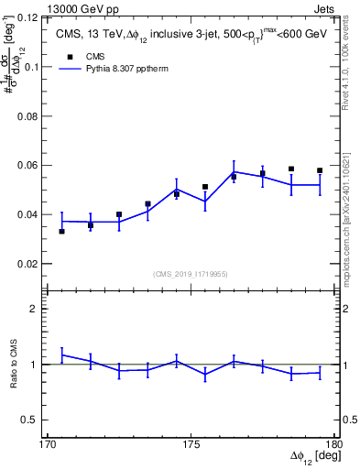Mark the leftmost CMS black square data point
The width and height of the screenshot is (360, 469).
[x=61, y=231]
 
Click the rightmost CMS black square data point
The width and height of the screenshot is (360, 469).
[x=320, y=170]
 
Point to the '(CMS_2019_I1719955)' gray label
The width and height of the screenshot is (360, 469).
[x=191, y=273]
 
